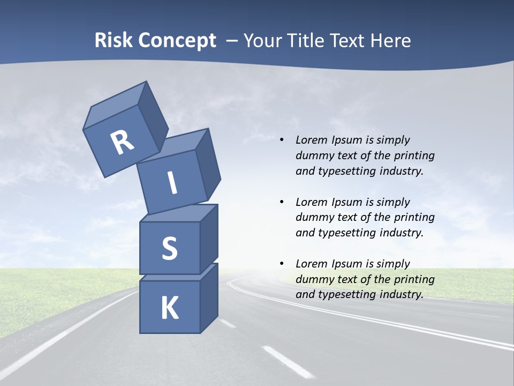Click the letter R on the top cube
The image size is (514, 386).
[x=122, y=143]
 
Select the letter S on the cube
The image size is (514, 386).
[x=169, y=248]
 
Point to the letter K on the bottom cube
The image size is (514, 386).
[x=170, y=308]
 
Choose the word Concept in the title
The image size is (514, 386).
[x=177, y=41]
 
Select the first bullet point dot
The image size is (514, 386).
[x=282, y=140]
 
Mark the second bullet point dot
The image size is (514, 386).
[x=282, y=202]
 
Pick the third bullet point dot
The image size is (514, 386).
[x=282, y=264]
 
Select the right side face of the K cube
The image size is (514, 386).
[x=209, y=298]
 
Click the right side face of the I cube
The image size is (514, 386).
[x=208, y=166]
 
